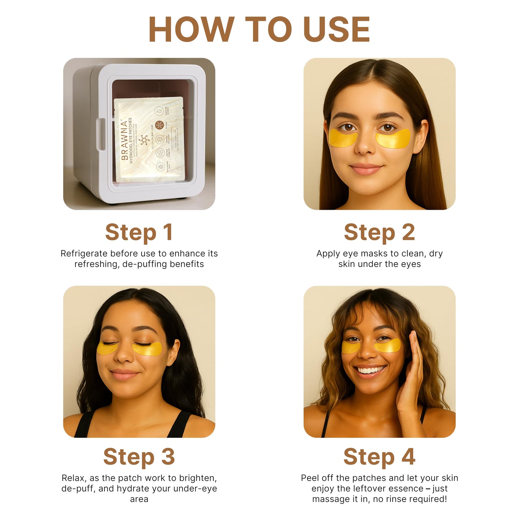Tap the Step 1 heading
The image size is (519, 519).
coord(139,232)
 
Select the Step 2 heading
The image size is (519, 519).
coord(379,232)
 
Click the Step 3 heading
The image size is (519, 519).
coord(139,457)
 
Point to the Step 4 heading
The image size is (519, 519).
coord(379,457)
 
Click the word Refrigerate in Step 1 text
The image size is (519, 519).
coord(84,254)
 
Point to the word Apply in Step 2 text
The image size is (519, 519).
coord(328,254)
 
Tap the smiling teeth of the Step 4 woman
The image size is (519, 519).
coord(371,370)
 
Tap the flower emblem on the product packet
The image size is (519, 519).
coord(144,140)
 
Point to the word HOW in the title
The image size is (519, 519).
coord(191,29)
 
